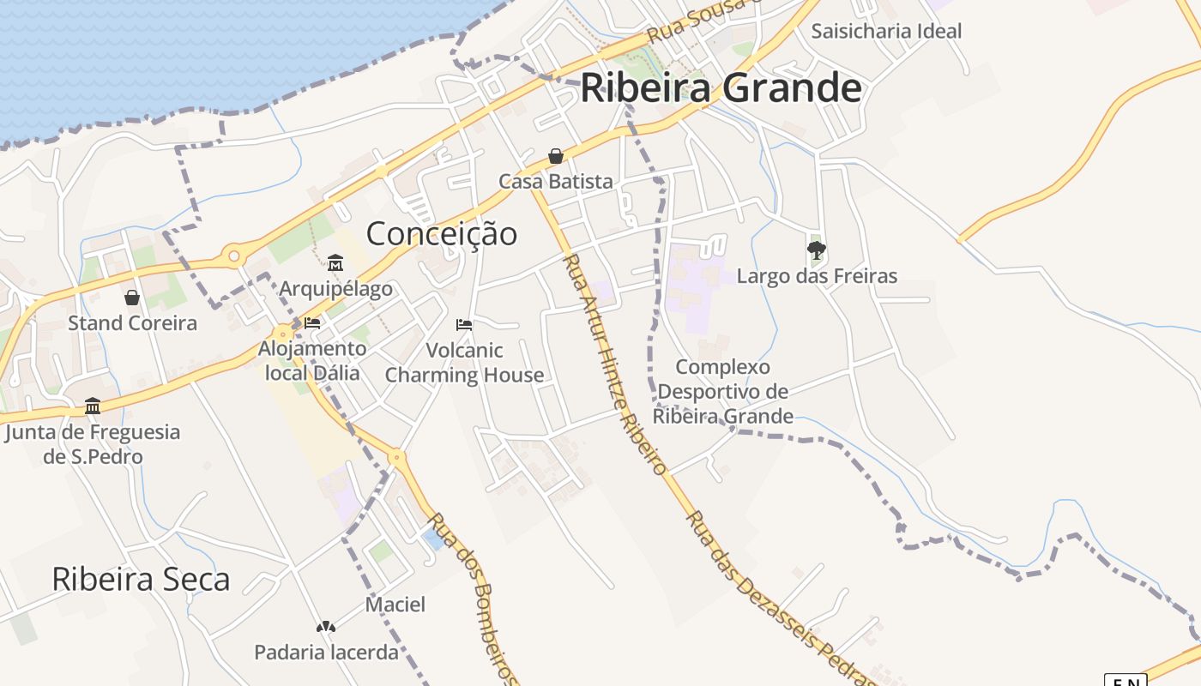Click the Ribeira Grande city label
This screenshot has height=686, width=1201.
tap(721, 88)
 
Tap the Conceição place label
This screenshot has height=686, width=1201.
tap(442, 233)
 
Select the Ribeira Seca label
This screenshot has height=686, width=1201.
tap(141, 580)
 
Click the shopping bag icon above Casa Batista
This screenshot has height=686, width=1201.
tap(556, 156)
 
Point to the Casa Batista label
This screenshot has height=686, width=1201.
tap(556, 181)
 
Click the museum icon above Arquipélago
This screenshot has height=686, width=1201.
tap(335, 262)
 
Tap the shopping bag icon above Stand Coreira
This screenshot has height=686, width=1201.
tap(132, 298)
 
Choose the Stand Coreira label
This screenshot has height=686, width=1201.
tap(132, 323)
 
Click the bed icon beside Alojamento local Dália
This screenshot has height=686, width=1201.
tap(312, 323)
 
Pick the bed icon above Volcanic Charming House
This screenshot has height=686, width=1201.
tap(464, 325)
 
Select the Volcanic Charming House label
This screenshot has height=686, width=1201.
tap(464, 363)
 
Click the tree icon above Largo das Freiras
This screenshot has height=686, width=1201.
tap(817, 250)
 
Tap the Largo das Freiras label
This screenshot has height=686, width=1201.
tap(817, 276)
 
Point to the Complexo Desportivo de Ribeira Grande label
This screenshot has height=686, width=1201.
tap(723, 392)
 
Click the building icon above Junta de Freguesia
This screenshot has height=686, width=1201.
tap(93, 406)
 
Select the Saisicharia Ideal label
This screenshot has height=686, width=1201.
tap(886, 31)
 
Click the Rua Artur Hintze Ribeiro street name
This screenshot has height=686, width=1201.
tap(614, 364)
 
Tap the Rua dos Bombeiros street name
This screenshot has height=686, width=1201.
tap(473, 599)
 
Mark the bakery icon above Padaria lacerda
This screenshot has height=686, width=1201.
tap(326, 627)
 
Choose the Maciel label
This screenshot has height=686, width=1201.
tap(395, 605)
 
